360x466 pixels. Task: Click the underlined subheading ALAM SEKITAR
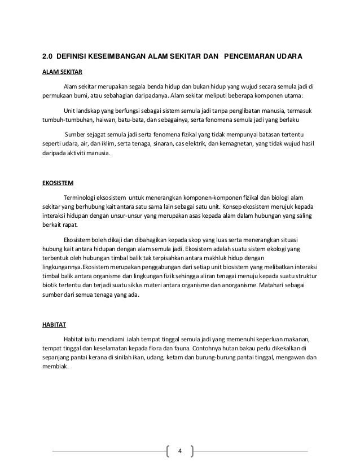coord(63,73)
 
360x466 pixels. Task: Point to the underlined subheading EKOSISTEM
coord(59,184)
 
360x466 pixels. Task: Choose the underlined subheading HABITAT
coord(55,325)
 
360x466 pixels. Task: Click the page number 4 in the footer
coord(179,451)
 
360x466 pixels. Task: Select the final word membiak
coord(56,367)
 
